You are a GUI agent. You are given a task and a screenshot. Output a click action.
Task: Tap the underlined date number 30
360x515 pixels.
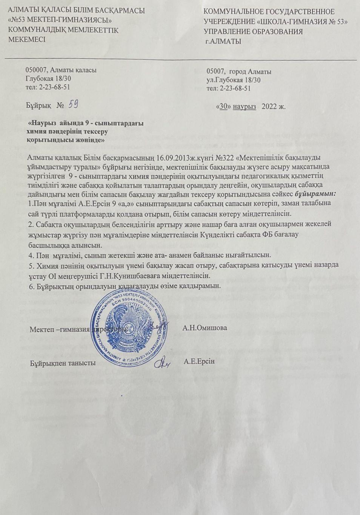223,106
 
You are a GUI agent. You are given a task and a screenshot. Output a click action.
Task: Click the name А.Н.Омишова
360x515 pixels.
205,327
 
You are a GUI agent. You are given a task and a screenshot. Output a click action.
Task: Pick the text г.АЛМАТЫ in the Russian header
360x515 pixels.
223,42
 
